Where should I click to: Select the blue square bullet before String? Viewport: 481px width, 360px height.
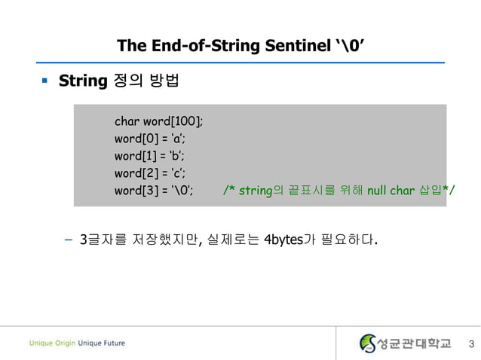tap(45, 79)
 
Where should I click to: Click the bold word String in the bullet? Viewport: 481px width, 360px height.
tap(81, 80)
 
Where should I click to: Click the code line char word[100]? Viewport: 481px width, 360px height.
tap(158, 121)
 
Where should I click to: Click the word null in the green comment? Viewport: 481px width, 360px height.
tap(378, 191)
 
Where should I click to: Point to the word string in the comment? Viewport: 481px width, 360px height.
tap(255, 191)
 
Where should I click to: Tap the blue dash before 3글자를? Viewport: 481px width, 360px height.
tap(69, 241)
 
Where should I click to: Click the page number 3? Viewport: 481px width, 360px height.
tap(470, 344)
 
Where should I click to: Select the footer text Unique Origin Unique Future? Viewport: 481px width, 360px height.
tap(78, 343)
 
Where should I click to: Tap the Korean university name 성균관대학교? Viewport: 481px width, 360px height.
tap(415, 343)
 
